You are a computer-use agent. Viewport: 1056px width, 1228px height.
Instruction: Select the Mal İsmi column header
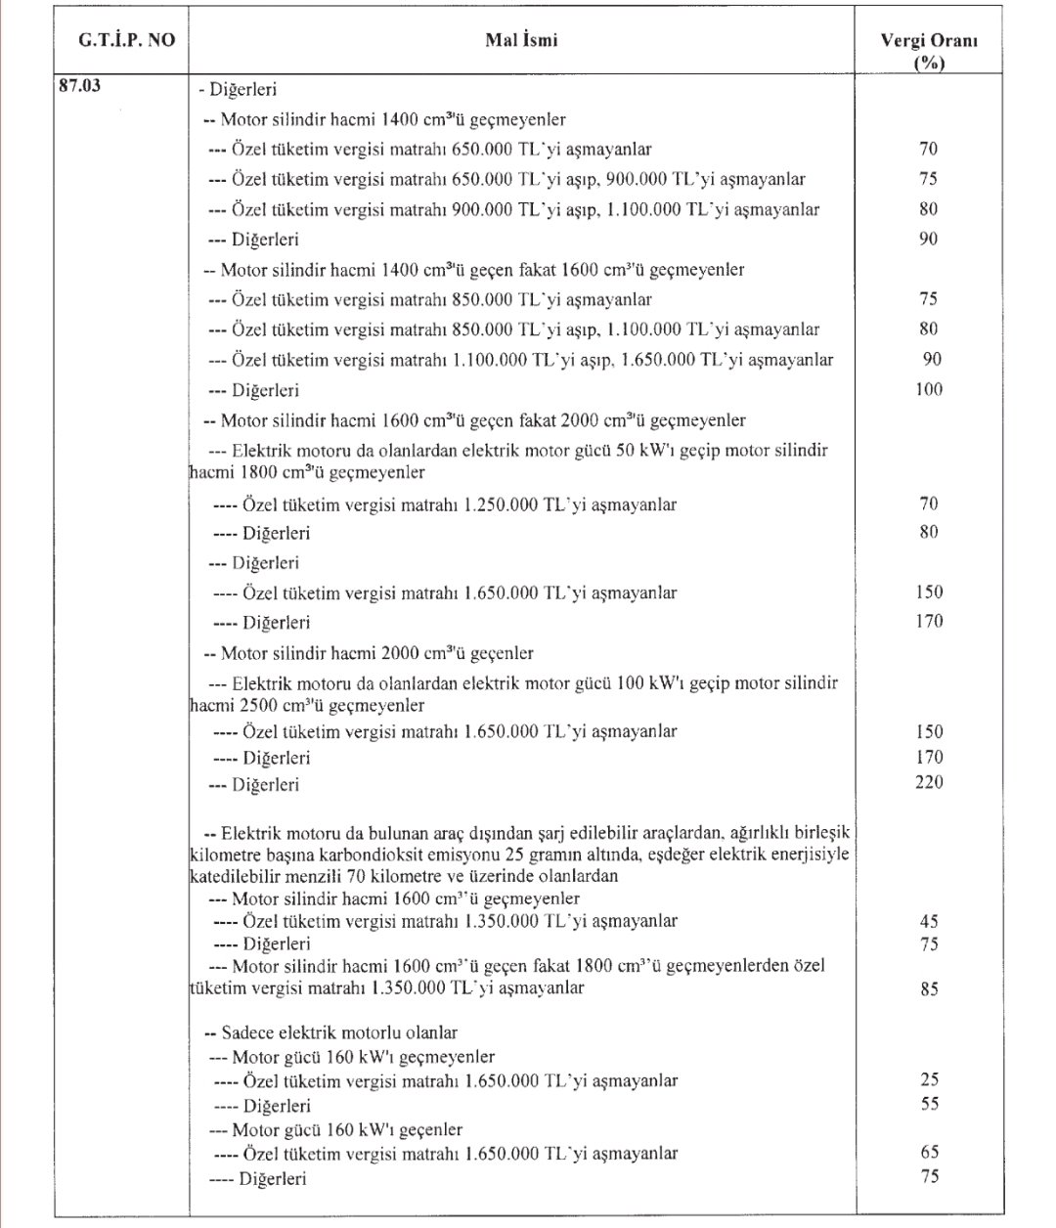522,43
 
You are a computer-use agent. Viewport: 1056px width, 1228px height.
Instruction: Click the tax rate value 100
929,390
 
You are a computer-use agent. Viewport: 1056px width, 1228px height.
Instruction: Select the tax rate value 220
929,782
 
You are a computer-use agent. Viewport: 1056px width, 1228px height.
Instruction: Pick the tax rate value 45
929,920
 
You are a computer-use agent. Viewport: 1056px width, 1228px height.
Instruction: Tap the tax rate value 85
929,988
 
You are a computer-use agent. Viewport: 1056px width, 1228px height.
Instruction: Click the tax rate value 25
929,1079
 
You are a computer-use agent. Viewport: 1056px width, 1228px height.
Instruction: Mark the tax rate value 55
929,1104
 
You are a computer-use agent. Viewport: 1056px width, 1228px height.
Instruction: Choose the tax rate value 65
929,1152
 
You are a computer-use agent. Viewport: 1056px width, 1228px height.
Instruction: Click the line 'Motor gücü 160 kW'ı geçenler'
336,1129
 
